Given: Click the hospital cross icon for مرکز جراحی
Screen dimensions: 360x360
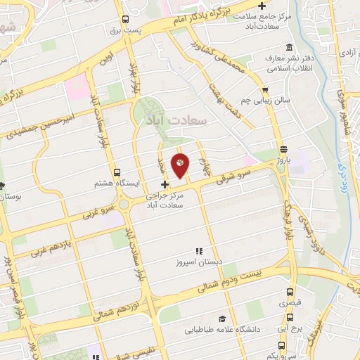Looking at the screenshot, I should [165, 184].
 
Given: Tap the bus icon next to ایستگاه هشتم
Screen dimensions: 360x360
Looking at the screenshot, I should [116, 172].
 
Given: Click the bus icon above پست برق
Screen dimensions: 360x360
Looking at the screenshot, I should [125, 20].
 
